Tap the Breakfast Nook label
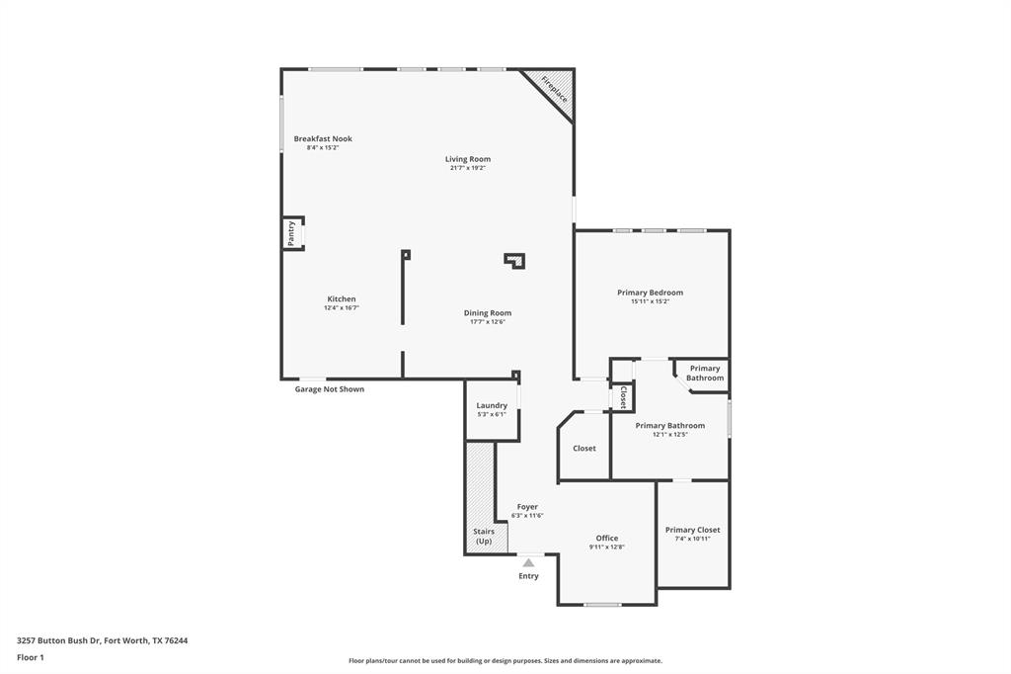(x=323, y=138)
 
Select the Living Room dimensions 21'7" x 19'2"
(x=468, y=168)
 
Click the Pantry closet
(x=292, y=233)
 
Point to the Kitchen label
(x=342, y=298)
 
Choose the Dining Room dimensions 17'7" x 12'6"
(x=488, y=322)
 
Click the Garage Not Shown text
(x=330, y=389)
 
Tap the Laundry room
(x=492, y=409)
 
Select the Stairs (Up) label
(x=484, y=536)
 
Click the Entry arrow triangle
(x=528, y=562)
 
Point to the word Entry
(x=529, y=576)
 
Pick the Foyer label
(x=527, y=506)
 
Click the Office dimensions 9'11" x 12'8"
(x=607, y=548)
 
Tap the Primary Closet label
(x=693, y=530)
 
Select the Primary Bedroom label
(x=650, y=293)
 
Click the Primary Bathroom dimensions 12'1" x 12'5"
(x=669, y=435)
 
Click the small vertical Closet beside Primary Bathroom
(x=622, y=397)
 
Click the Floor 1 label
(x=31, y=657)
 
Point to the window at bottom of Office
(x=602, y=604)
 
